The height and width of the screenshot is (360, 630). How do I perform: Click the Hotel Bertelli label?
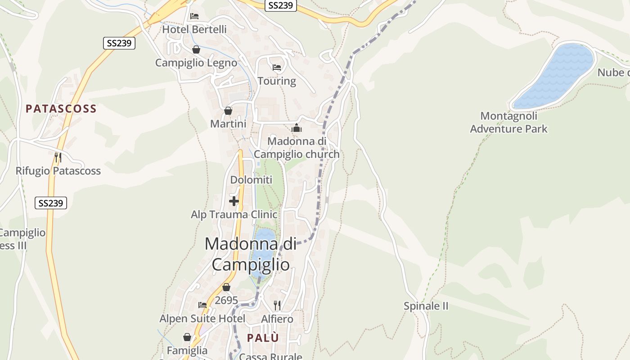pos(194,30)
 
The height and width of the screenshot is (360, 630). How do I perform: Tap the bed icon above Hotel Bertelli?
pos(194,16)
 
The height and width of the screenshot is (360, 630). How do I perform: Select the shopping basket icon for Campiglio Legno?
pos(196,49)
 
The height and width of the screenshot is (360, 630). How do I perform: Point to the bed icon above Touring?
pos(277,67)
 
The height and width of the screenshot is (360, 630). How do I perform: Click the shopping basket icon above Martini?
pos(228,111)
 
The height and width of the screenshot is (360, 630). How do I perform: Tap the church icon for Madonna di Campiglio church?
pos(297,128)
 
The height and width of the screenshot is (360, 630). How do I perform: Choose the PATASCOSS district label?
pos(61,109)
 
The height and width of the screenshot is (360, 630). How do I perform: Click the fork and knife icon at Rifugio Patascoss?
pos(58,157)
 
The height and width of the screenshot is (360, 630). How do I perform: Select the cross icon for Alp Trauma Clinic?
pos(234,201)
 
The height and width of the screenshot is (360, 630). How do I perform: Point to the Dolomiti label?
pos(251,180)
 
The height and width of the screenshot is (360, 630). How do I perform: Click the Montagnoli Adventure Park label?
pos(509,122)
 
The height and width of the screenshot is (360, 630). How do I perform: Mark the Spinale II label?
pos(426,306)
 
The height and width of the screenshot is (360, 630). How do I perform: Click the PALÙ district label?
pos(263,338)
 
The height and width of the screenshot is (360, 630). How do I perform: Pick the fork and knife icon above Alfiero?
pos(277,306)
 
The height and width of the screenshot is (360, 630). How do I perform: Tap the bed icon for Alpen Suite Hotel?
pos(202,305)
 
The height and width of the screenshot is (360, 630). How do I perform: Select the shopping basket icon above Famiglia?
pos(187,337)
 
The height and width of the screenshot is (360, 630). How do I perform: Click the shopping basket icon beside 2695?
pos(226,287)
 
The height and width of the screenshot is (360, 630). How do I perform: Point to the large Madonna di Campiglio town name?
pos(251,254)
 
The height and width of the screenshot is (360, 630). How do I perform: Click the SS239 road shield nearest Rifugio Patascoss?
pos(51,203)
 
